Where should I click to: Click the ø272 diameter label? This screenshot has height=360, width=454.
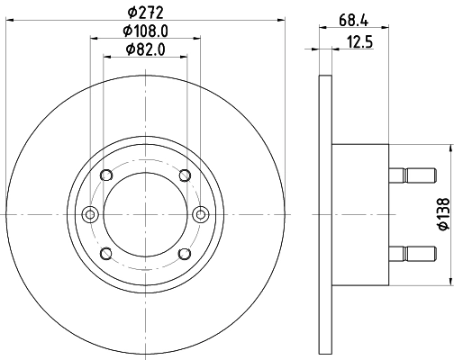click(x=145, y=13)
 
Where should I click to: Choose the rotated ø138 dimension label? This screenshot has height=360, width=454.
click(x=441, y=212)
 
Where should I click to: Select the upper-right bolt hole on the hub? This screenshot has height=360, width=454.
click(x=185, y=175)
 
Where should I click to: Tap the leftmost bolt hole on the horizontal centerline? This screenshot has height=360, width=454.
click(x=89, y=213)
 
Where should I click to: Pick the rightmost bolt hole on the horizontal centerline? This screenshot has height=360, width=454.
click(x=202, y=213)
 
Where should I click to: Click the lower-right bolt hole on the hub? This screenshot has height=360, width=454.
click(x=185, y=252)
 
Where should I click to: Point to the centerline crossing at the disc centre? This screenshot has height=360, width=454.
click(x=145, y=213)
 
